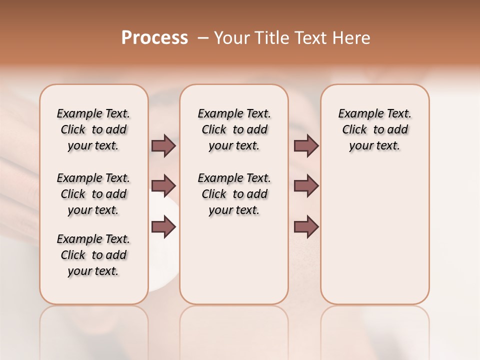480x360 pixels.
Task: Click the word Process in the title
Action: [154, 38]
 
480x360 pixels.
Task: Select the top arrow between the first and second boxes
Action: [163, 146]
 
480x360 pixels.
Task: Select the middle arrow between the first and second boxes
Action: [163, 186]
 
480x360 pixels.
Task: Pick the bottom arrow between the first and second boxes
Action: [163, 227]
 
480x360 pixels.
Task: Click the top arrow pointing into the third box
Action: [306, 146]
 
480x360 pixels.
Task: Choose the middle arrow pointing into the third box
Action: [306, 186]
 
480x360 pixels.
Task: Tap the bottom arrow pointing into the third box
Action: [306, 227]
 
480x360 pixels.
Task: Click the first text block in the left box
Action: [93, 129]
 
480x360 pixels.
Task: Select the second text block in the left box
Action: [93, 194]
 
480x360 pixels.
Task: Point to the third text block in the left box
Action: [93, 255]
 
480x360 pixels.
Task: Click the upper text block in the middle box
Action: [234, 129]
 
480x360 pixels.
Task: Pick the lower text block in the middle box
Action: [234, 194]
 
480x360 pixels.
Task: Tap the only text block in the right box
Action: [374, 129]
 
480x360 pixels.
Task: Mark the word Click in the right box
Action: [354, 130]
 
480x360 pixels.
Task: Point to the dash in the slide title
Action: [203, 38]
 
